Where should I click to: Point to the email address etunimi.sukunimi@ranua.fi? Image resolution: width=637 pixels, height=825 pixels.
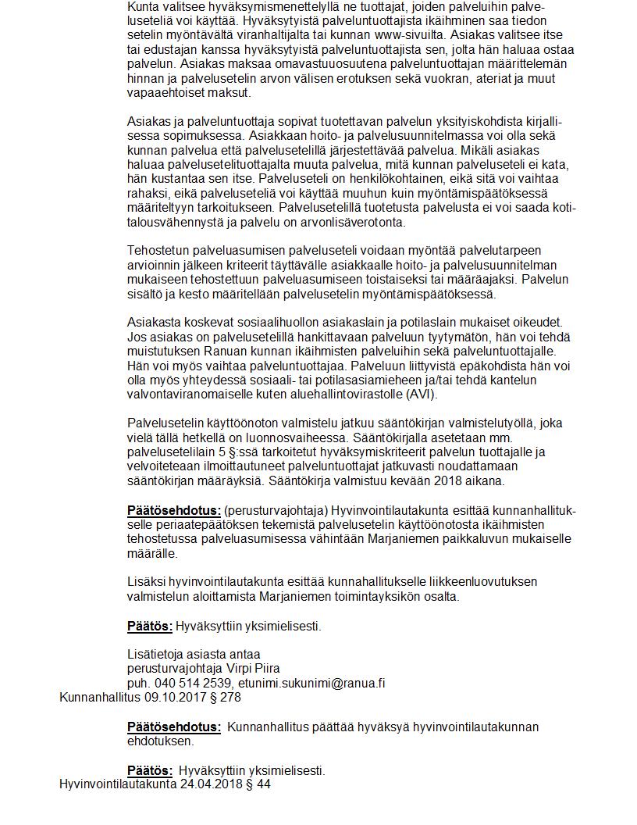(311, 682)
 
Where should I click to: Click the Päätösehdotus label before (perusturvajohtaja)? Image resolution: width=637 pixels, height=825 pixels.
(174, 510)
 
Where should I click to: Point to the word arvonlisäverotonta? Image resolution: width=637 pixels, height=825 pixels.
(354, 221)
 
